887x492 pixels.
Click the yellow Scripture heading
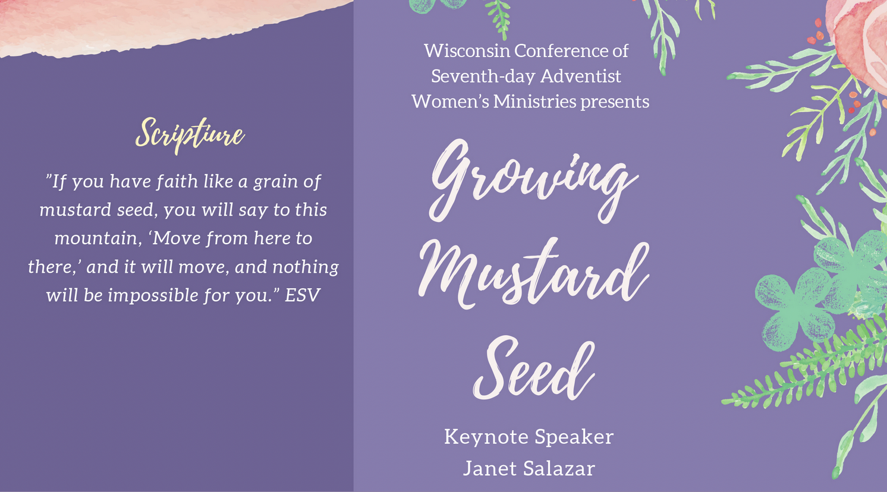[x=190, y=134]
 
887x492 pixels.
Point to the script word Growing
[x=533, y=181]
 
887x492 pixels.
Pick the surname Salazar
[x=559, y=469]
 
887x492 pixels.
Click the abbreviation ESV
[x=302, y=295]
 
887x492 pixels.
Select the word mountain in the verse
[x=98, y=239]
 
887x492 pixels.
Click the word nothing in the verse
[x=306, y=267]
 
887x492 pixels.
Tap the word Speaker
[x=574, y=437]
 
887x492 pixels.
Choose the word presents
[x=615, y=102]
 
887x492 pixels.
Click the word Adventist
[x=580, y=76]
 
